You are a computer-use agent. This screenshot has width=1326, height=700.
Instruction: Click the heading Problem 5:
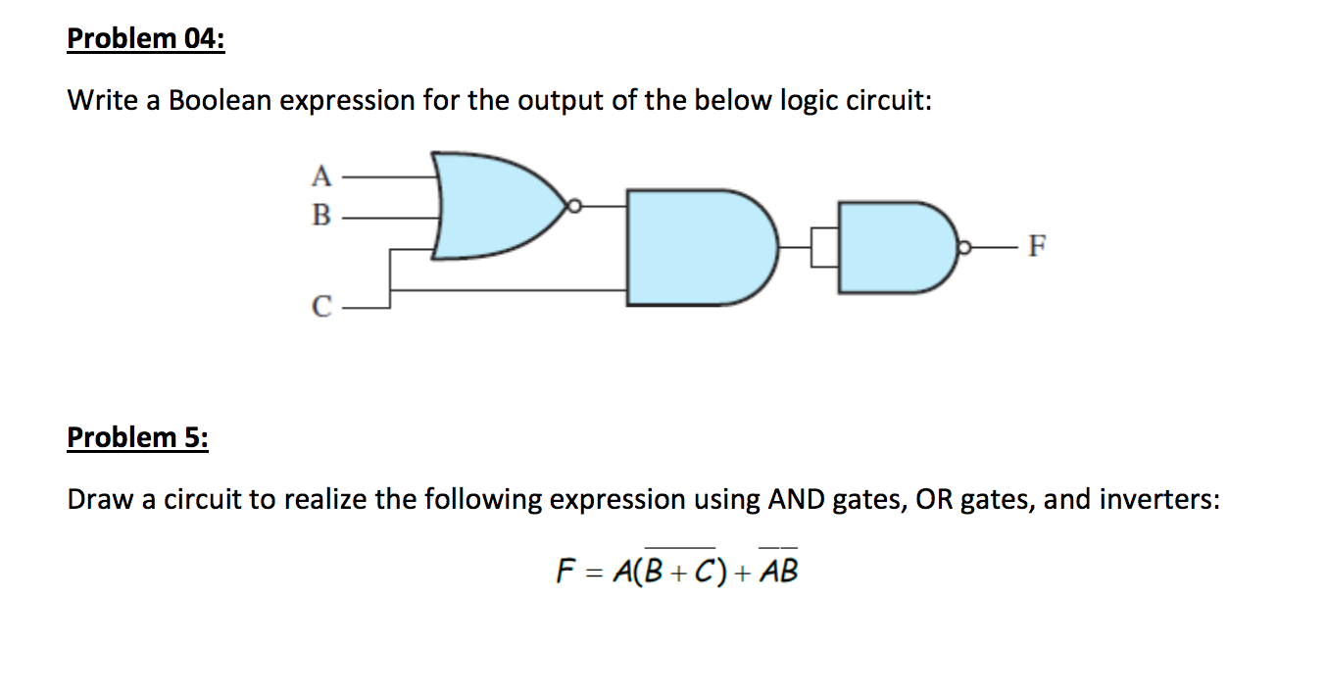[137, 436]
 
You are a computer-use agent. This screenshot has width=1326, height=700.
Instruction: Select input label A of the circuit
[320, 176]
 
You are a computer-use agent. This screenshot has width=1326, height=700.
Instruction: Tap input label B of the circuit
[320, 214]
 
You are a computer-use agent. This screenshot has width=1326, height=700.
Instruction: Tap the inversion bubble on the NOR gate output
[576, 207]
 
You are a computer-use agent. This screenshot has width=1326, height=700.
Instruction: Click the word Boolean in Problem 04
[221, 101]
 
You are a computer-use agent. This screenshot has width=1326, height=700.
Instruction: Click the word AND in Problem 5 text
[796, 500]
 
